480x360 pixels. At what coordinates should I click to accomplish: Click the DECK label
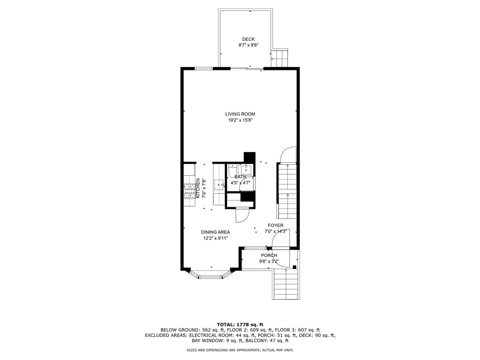tap(248, 39)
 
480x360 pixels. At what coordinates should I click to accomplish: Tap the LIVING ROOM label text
tap(240, 114)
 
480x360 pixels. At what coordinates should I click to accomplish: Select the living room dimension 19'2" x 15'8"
tap(240, 120)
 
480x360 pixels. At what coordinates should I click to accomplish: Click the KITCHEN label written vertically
tap(198, 188)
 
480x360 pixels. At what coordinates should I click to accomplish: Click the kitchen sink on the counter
tap(219, 185)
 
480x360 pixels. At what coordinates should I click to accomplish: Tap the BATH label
tap(240, 177)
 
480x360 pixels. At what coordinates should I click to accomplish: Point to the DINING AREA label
tap(215, 232)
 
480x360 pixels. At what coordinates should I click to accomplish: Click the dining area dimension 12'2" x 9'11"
tap(215, 239)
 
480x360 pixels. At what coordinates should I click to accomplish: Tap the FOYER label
tap(276, 225)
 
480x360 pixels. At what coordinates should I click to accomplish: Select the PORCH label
tap(269, 255)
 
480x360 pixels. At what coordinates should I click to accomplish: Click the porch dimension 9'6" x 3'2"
tap(269, 262)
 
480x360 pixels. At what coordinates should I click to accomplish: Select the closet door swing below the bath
tap(242, 216)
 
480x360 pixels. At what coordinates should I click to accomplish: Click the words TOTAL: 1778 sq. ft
tap(240, 324)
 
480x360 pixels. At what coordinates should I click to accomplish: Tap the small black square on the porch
tap(294, 267)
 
